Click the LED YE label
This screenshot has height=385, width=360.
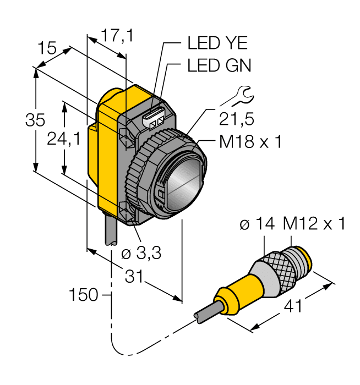click(217, 42)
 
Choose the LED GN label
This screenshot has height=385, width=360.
click(219, 66)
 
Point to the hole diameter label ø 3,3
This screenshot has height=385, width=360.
click(140, 254)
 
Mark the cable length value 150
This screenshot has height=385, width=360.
click(83, 295)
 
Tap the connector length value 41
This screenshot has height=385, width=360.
click(292, 306)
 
